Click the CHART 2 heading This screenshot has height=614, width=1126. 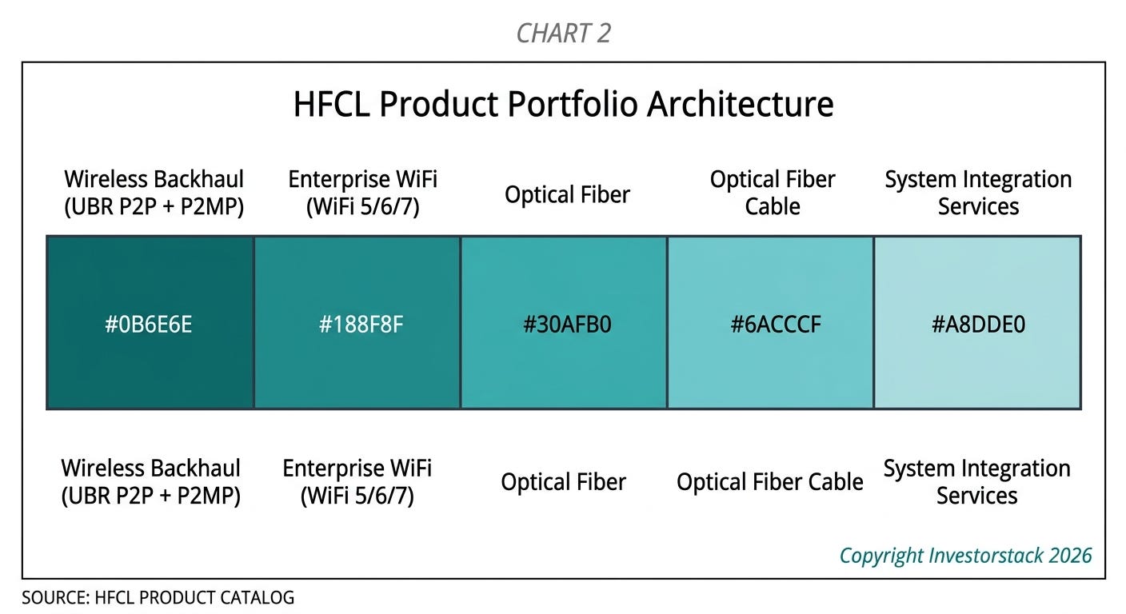[564, 33]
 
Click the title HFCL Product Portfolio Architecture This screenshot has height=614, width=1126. [564, 104]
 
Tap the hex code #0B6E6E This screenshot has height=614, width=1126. [148, 324]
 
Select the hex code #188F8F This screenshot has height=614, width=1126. [361, 324]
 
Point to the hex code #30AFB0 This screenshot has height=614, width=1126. [567, 324]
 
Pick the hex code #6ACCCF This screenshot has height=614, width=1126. [776, 324]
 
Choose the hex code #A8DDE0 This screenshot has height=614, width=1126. [978, 324]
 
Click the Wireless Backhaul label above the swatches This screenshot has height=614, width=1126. [154, 193]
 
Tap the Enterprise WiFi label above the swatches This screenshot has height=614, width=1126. [362, 193]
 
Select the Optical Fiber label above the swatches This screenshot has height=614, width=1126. [567, 194]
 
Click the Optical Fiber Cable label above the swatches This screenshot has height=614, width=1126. [773, 193]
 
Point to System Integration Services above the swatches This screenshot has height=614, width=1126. [978, 193]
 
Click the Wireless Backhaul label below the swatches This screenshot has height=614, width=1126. [151, 482]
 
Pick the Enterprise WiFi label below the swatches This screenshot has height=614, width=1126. [357, 482]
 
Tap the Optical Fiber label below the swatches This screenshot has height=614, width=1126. [564, 482]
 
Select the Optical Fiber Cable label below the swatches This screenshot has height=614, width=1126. [769, 482]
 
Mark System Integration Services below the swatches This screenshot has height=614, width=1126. [976, 482]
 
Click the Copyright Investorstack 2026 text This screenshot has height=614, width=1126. [965, 556]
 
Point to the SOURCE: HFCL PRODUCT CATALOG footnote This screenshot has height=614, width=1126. [158, 597]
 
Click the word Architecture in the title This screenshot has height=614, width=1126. [740, 104]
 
